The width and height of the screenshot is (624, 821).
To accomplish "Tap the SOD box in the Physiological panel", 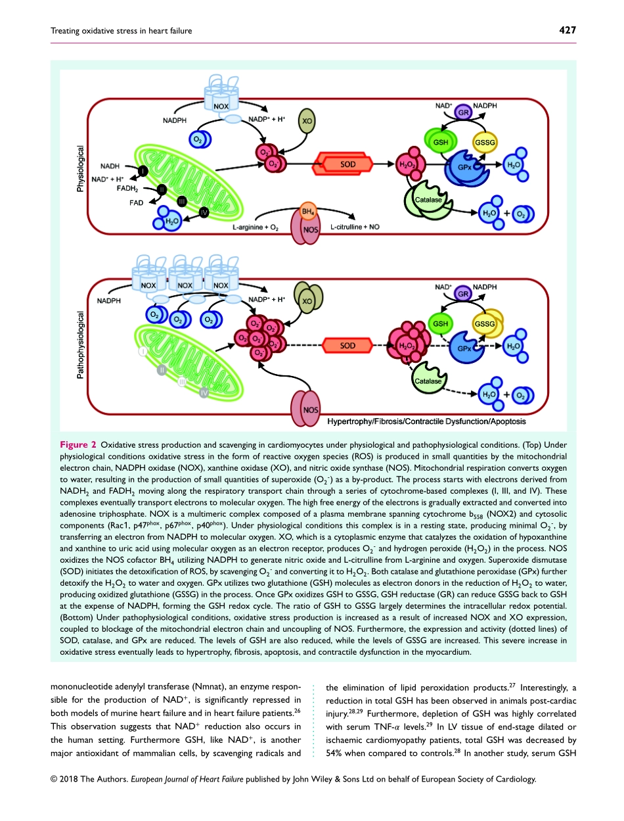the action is [348, 164].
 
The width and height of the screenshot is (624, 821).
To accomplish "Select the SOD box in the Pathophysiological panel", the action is [348, 345].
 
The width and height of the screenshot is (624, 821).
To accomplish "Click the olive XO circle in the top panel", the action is [306, 120].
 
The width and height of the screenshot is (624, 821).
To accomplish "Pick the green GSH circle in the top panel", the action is [441, 142].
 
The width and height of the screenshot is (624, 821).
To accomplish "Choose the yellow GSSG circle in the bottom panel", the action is [485, 324].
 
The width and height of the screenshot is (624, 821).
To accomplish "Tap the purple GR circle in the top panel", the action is [463, 112].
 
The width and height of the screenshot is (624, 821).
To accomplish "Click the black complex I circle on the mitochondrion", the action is [143, 171].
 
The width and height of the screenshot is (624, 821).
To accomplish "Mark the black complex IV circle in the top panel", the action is [204, 211].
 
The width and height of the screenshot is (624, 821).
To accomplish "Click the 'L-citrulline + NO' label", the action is [355, 227].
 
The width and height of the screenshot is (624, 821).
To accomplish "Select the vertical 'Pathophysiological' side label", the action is [81, 345].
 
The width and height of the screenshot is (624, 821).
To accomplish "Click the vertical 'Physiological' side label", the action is [81, 168].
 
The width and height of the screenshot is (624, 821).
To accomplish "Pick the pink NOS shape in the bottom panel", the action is [309, 408].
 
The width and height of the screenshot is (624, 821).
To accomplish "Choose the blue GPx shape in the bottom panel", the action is [466, 348].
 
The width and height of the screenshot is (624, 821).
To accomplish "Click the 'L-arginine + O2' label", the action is [256, 227].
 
